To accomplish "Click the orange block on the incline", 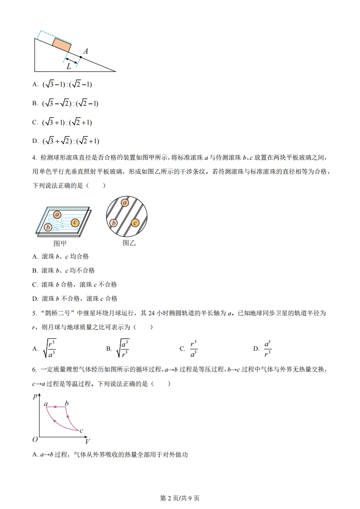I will tap(62, 44).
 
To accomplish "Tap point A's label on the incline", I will tap(85, 52).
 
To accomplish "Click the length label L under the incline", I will tap(69, 66).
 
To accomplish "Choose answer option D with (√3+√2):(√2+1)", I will tap(66, 141).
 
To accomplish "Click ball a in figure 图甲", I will tap(57, 214).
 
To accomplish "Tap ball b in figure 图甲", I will tap(48, 227).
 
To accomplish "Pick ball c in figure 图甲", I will tap(75, 222).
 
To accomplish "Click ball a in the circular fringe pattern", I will tap(125, 203).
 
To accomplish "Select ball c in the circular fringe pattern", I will tap(135, 222).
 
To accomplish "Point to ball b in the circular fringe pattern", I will tap(113, 223).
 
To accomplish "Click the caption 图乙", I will tap(129, 243).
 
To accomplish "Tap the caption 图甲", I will tap(60, 243).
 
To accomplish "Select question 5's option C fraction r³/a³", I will tap(193, 348).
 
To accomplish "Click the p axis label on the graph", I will tap(35, 396).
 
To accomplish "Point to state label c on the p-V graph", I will tap(81, 431).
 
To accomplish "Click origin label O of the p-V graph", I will tap(35, 439).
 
